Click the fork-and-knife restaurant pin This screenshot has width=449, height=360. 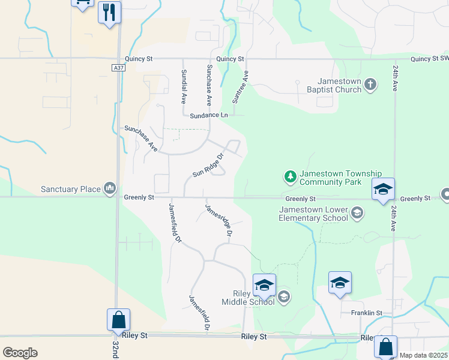coord(109,12)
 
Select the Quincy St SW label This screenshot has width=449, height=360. coord(430,59)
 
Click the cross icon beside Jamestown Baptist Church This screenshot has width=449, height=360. coord(371,84)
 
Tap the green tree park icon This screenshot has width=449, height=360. coord(291,176)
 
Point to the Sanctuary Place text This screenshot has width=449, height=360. coord(71,189)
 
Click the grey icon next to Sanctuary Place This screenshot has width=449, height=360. coord(109,189)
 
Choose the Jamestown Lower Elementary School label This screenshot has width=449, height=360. coord(313,214)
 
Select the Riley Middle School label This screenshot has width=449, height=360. coord(253,298)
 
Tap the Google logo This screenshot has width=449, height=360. coord(20,352)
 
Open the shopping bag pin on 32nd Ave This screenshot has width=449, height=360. coord(118,320)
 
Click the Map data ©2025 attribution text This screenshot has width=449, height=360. coord(423,355)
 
